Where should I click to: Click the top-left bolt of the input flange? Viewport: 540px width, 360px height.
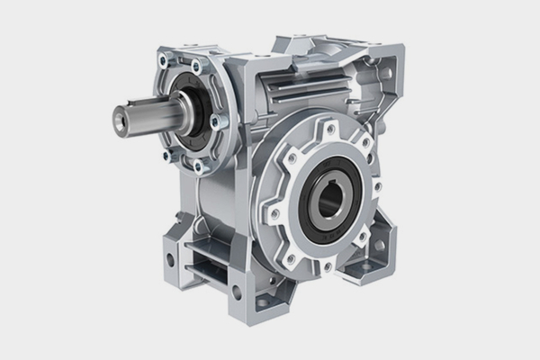[163, 62]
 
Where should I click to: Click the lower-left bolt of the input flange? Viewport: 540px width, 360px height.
[166, 156]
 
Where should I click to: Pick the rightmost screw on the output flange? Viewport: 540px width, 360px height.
[377, 186]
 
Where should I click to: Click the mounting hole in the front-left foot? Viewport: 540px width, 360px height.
[169, 261]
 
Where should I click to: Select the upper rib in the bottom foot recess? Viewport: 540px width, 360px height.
[209, 254]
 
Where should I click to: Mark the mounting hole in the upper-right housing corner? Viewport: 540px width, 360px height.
[384, 71]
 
